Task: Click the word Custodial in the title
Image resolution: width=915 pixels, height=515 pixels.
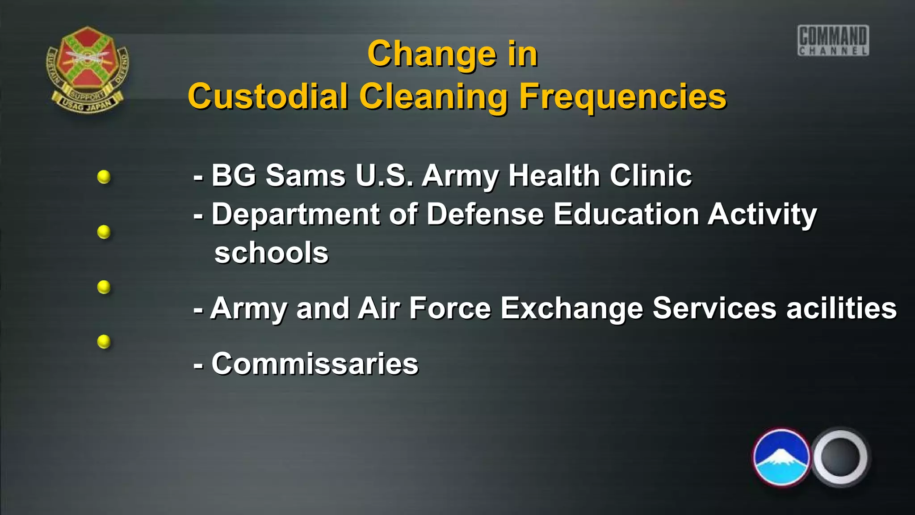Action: [268, 96]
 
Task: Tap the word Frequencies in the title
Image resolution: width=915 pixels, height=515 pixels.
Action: [623, 96]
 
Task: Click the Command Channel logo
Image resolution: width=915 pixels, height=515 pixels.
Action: [833, 41]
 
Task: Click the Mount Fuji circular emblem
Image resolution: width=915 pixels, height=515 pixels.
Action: [781, 457]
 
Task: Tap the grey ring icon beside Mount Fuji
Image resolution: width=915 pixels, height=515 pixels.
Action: [840, 457]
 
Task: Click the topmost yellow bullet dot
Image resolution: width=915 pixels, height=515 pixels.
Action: [104, 177]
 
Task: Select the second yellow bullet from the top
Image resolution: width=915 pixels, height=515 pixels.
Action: [104, 232]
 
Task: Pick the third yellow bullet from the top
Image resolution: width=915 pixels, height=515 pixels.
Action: [104, 287]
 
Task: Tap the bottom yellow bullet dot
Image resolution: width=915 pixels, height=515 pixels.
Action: [104, 342]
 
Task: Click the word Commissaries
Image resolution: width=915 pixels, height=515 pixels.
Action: [315, 363]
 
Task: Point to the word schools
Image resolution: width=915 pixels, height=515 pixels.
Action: [271, 253]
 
